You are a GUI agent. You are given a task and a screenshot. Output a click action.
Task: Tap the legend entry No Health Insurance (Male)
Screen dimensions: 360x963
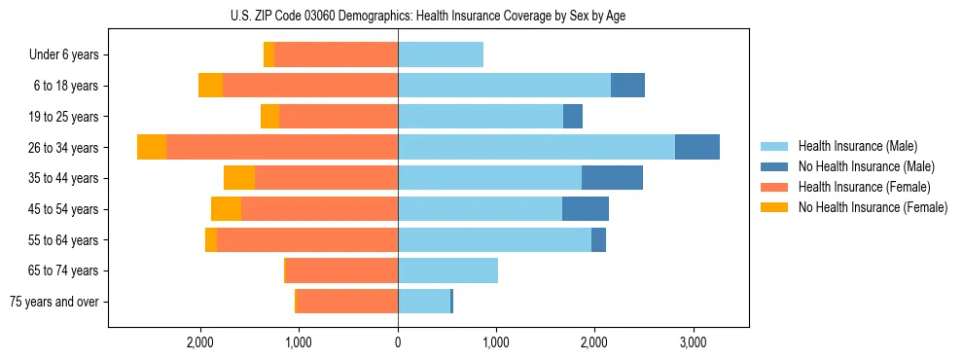866,166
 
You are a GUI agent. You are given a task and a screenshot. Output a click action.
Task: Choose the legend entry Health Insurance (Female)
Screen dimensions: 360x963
865,187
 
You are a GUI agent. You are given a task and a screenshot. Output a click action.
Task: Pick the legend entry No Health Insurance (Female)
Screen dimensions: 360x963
873,207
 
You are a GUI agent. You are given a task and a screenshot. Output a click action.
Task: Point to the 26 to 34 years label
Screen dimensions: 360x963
64,148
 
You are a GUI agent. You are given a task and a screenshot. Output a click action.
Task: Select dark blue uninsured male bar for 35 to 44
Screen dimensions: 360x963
612,178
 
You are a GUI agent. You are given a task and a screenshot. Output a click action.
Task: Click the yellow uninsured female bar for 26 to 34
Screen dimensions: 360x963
152,147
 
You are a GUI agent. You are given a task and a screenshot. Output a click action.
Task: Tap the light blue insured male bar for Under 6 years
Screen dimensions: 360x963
441,55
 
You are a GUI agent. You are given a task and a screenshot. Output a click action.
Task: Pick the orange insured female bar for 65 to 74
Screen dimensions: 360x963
341,270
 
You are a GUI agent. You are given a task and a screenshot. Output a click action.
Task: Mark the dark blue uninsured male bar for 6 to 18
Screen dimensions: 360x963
627,86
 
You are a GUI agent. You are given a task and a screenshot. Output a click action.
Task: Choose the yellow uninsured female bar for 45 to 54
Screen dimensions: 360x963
226,209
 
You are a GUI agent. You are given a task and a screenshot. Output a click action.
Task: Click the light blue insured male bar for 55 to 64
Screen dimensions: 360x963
494,239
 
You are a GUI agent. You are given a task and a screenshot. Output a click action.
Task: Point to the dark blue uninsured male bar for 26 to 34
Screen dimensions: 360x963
697,147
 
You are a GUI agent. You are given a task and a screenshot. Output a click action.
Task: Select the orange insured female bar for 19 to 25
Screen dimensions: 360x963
339,117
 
